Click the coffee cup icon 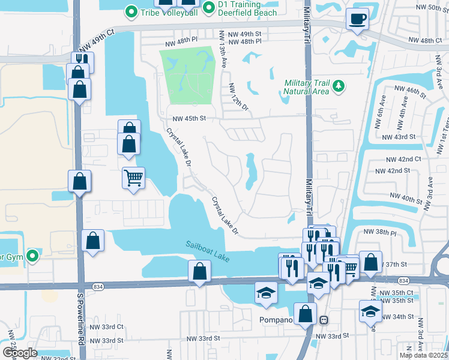[x=358, y=19]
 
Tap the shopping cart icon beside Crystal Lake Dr [x=133, y=177]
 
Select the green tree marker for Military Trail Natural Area [x=339, y=86]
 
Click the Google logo [x=19, y=353]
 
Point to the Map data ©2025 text [x=424, y=355]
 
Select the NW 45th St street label [x=189, y=119]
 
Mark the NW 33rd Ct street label [x=106, y=327]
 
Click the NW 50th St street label [x=430, y=7]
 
